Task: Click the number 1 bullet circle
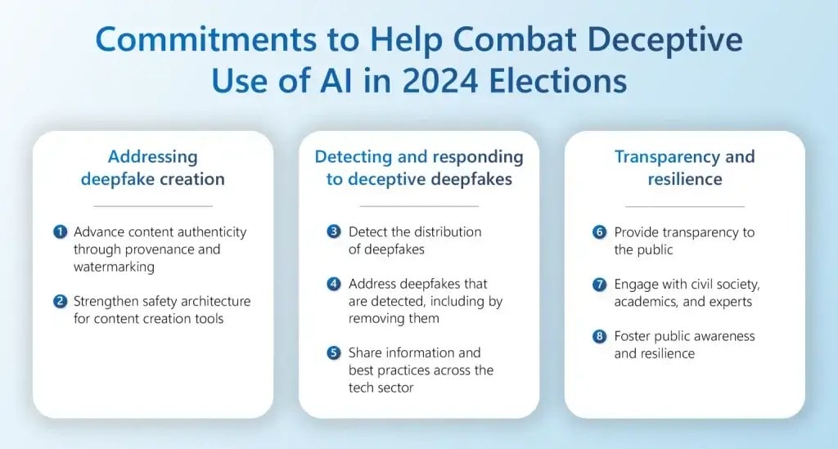click(60, 232)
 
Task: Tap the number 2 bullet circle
click(60, 302)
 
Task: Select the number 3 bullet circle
click(333, 231)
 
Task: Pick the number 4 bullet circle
click(333, 284)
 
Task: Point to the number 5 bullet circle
click(333, 352)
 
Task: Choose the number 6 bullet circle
click(600, 232)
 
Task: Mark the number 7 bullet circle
click(600, 284)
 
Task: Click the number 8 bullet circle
click(600, 336)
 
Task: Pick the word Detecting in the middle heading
click(353, 156)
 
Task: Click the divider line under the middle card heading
click(419, 206)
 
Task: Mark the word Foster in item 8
click(634, 336)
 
